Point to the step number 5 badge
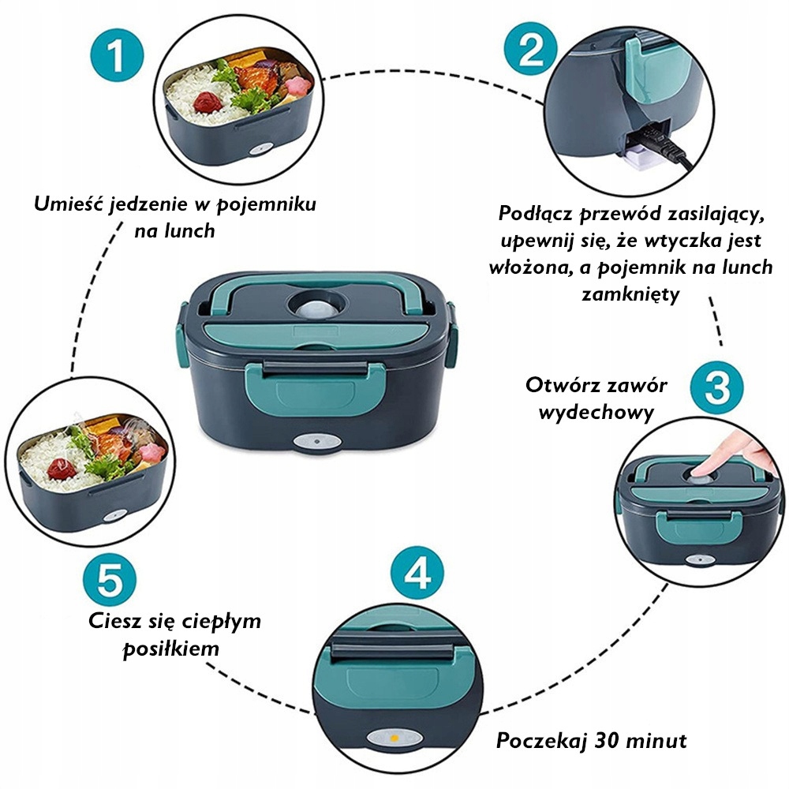click(x=106, y=581)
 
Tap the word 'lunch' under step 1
click(x=189, y=231)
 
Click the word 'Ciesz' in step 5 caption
click(x=113, y=621)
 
